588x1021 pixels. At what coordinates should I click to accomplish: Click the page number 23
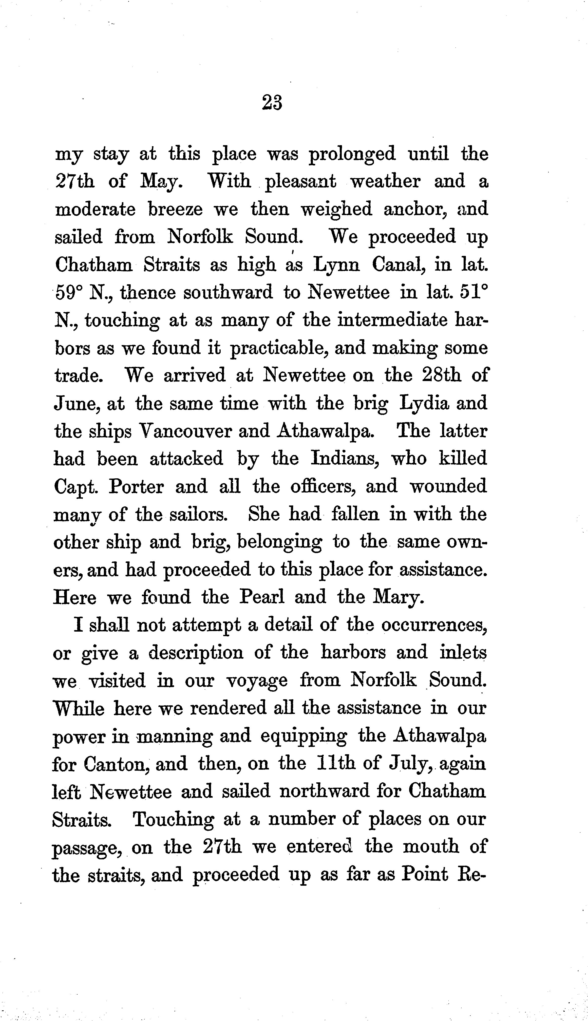tap(272, 102)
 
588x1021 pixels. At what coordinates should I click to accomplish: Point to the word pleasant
tap(300, 182)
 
